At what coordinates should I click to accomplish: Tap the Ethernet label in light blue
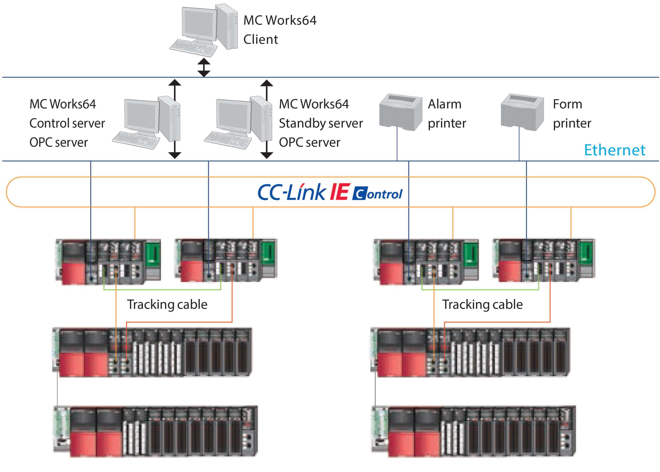tap(615, 150)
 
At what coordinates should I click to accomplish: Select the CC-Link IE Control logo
tap(330, 192)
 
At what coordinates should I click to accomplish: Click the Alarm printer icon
tap(400, 112)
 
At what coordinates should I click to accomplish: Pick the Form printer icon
tap(522, 112)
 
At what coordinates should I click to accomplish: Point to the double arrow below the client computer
tap(204, 67)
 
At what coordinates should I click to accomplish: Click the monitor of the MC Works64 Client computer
tap(199, 23)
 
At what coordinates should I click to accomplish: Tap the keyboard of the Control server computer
tap(136, 140)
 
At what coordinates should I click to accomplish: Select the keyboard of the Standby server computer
tap(228, 140)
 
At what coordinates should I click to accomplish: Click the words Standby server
tap(321, 123)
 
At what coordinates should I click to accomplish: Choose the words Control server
tap(67, 123)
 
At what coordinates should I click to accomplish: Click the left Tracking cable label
tap(167, 305)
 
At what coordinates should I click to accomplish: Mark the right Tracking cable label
tap(482, 305)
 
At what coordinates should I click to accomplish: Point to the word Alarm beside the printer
tap(445, 104)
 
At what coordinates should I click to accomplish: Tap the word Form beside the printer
tap(567, 104)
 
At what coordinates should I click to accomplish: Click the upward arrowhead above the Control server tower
tap(175, 83)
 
